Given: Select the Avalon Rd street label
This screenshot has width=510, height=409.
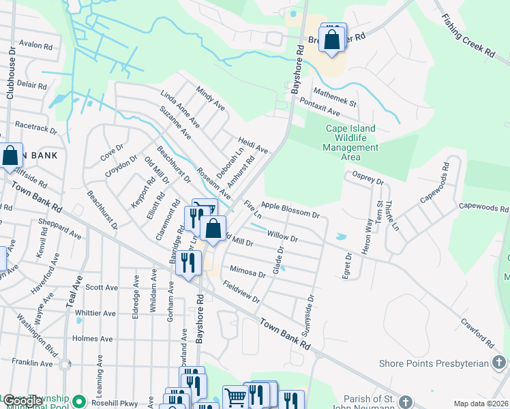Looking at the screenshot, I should (36, 44).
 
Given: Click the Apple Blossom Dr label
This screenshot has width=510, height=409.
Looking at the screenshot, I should (290, 210).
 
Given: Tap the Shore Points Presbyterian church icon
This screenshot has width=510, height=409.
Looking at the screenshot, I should (500, 363).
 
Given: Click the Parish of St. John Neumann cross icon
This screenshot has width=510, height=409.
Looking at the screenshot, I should (406, 402).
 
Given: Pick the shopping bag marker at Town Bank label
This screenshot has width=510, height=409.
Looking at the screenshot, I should (10, 156).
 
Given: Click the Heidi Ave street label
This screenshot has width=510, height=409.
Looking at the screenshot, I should (253, 145).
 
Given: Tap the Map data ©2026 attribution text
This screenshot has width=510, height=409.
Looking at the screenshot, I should (481, 404).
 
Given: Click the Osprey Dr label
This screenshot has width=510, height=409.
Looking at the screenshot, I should (368, 179).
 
